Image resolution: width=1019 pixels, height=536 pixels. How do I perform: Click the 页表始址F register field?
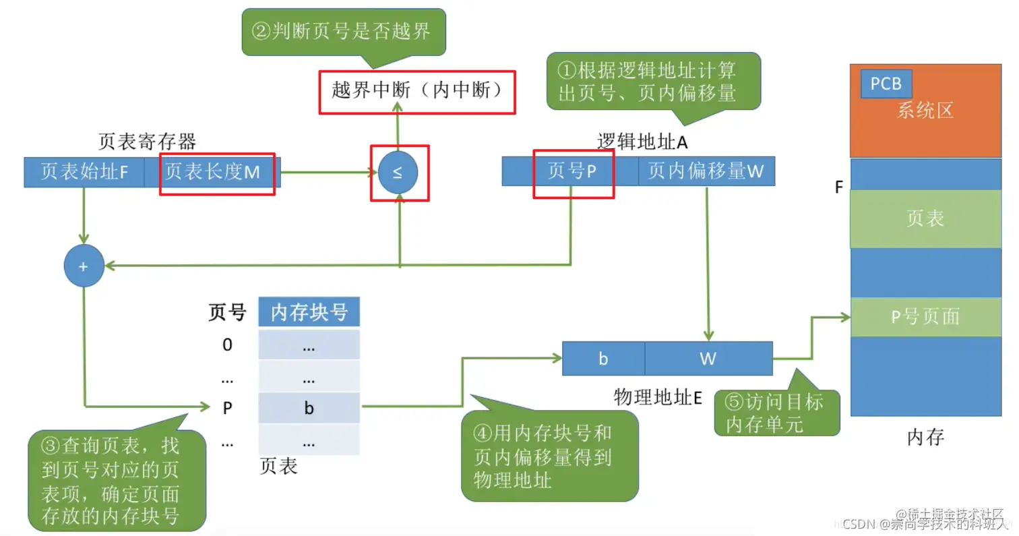pyautogui.click(x=84, y=173)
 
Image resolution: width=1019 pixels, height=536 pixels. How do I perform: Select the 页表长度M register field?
pyautogui.click(x=212, y=173)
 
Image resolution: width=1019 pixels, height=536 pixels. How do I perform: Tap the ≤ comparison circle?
pyautogui.click(x=398, y=173)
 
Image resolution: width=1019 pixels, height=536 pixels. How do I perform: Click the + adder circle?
pyautogui.click(x=84, y=266)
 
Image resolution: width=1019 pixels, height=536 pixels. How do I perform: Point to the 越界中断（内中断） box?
pyautogui.click(x=417, y=90)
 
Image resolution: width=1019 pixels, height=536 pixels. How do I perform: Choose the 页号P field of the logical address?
pyautogui.click(x=572, y=171)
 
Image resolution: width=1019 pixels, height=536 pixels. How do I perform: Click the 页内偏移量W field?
pyautogui.click(x=706, y=171)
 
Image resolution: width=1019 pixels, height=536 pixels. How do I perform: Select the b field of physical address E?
pyautogui.click(x=603, y=359)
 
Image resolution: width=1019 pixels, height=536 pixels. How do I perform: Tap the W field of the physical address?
pyautogui.click(x=708, y=359)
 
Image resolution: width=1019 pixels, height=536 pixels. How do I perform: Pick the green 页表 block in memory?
pyautogui.click(x=925, y=218)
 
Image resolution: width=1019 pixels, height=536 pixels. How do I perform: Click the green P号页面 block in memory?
pyautogui.click(x=925, y=317)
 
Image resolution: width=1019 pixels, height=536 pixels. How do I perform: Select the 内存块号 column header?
pyautogui.click(x=309, y=312)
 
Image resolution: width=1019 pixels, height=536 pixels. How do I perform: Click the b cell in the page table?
pyautogui.click(x=309, y=409)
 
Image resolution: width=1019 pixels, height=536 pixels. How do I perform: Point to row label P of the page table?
pyautogui.click(x=228, y=409)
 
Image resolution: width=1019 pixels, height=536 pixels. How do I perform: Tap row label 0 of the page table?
pyautogui.click(x=228, y=345)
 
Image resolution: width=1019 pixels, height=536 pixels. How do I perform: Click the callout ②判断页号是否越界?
pyautogui.click(x=343, y=31)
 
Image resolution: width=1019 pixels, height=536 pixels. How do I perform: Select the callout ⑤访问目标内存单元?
pyautogui.click(x=777, y=413)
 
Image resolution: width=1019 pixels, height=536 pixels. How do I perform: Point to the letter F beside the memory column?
pyautogui.click(x=839, y=187)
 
